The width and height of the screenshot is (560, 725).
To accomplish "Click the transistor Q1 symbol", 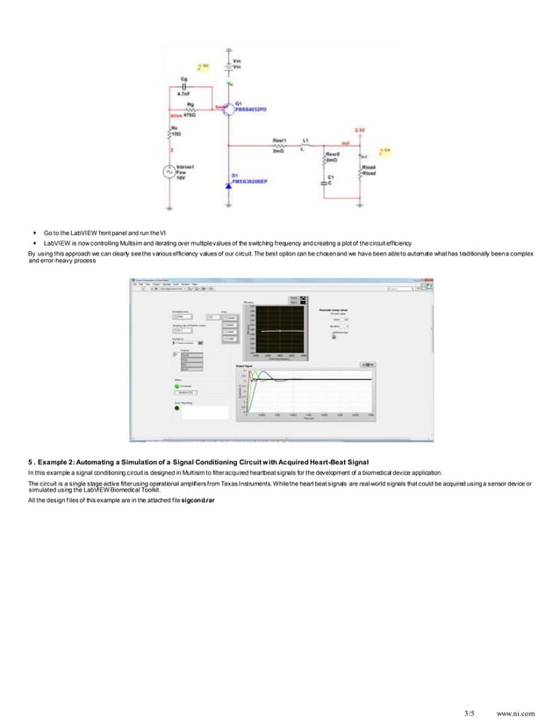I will (227, 109).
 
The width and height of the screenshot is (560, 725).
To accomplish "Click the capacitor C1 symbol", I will (325, 181).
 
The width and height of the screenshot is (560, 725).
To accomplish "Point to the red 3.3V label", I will (359, 129).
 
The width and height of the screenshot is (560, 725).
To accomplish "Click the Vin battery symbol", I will (227, 66).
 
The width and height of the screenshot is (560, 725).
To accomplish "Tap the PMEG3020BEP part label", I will (250, 182).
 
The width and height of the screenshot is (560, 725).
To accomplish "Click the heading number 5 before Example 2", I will (31, 462).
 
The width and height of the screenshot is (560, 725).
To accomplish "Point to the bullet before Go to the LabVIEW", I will (32, 232).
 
